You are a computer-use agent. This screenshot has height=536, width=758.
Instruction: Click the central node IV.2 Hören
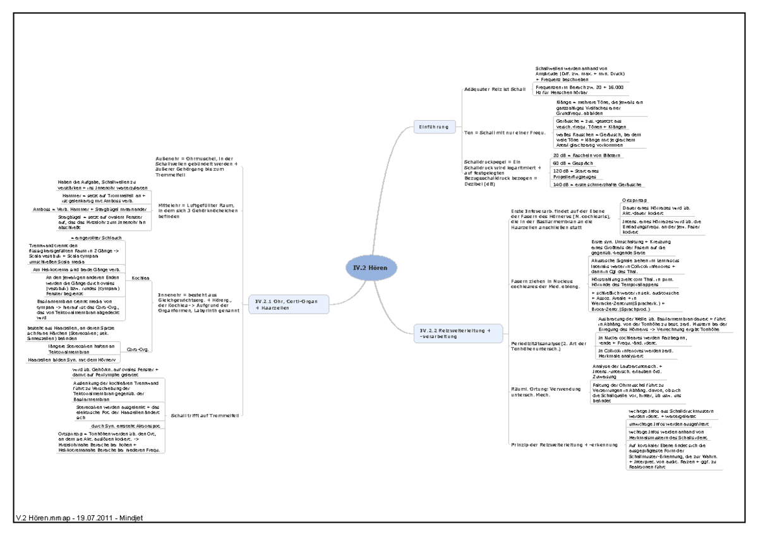tap(371, 268)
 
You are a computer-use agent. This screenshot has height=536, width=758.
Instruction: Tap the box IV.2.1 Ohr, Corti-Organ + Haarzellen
tap(288, 304)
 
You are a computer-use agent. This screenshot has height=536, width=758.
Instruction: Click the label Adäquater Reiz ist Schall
tap(495, 90)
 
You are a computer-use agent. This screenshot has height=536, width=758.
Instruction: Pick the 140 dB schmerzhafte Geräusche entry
tap(597, 185)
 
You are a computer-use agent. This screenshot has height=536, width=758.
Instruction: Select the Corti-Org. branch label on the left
tap(138, 348)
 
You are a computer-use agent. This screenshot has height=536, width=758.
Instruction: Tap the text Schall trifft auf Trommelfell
tap(204, 415)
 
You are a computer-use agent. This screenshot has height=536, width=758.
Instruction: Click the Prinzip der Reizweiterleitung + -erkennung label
tap(563, 445)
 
